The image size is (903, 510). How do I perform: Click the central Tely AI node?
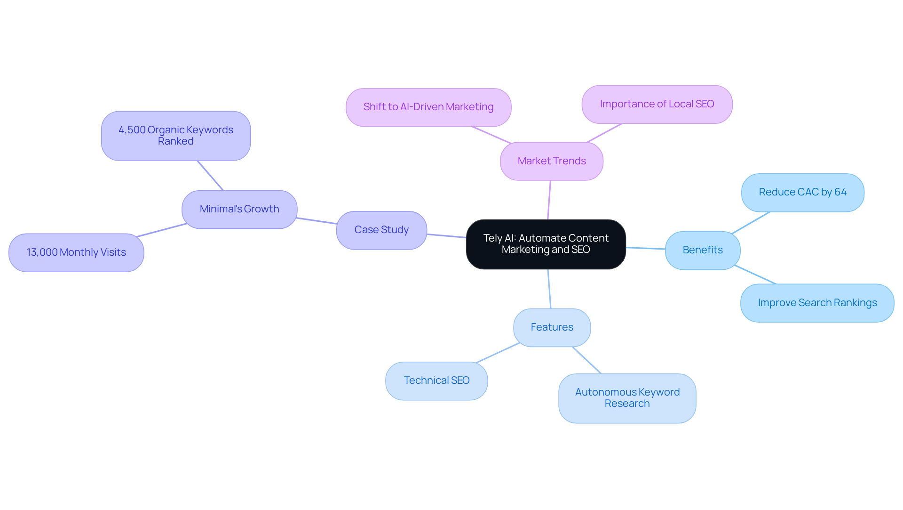(546, 244)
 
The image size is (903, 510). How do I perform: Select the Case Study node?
(381, 230)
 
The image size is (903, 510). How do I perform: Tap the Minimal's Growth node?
(239, 209)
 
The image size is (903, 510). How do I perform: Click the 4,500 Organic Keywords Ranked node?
(175, 136)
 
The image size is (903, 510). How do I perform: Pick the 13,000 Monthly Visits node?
(76, 252)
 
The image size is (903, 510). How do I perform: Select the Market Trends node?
(552, 161)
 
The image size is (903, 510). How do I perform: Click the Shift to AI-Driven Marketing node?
(428, 107)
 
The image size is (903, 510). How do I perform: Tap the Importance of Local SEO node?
(657, 104)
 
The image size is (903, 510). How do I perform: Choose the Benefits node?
(703, 250)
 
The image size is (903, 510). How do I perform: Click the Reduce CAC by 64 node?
(802, 192)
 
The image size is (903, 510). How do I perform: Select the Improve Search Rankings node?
(817, 303)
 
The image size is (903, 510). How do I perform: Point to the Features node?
(552, 327)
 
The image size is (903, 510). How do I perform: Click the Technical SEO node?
(436, 380)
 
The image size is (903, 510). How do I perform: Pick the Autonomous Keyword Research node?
(627, 398)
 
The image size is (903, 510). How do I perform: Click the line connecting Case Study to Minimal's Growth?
(317, 221)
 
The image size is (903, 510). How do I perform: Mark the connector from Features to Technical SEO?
(498, 353)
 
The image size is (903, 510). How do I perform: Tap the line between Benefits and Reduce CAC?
(751, 223)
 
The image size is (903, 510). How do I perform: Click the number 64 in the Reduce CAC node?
(840, 192)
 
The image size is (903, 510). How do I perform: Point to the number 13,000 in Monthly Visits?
(42, 252)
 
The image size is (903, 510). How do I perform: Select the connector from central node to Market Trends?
(549, 200)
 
